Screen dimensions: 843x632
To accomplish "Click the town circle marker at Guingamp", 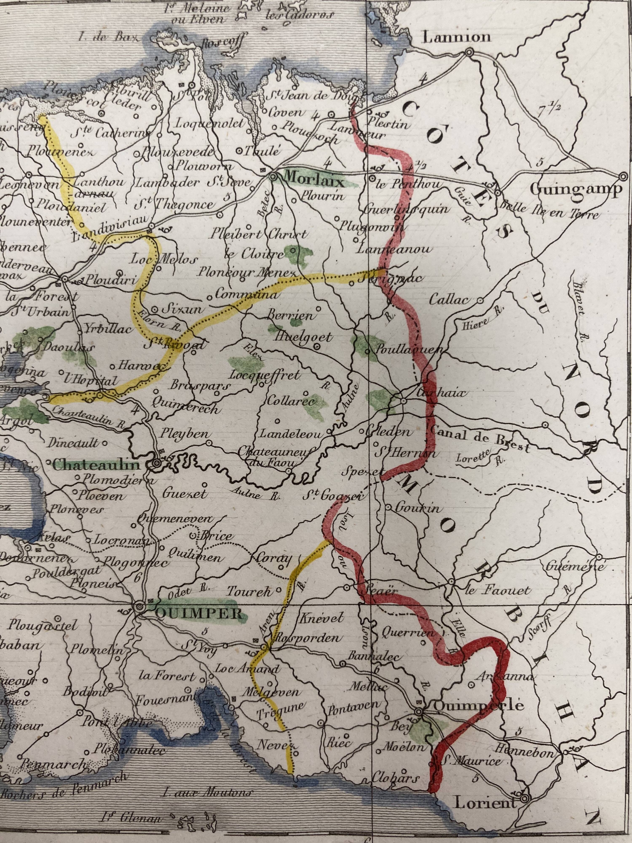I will (623, 176).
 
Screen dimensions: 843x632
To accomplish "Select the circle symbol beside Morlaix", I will (273, 176).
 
